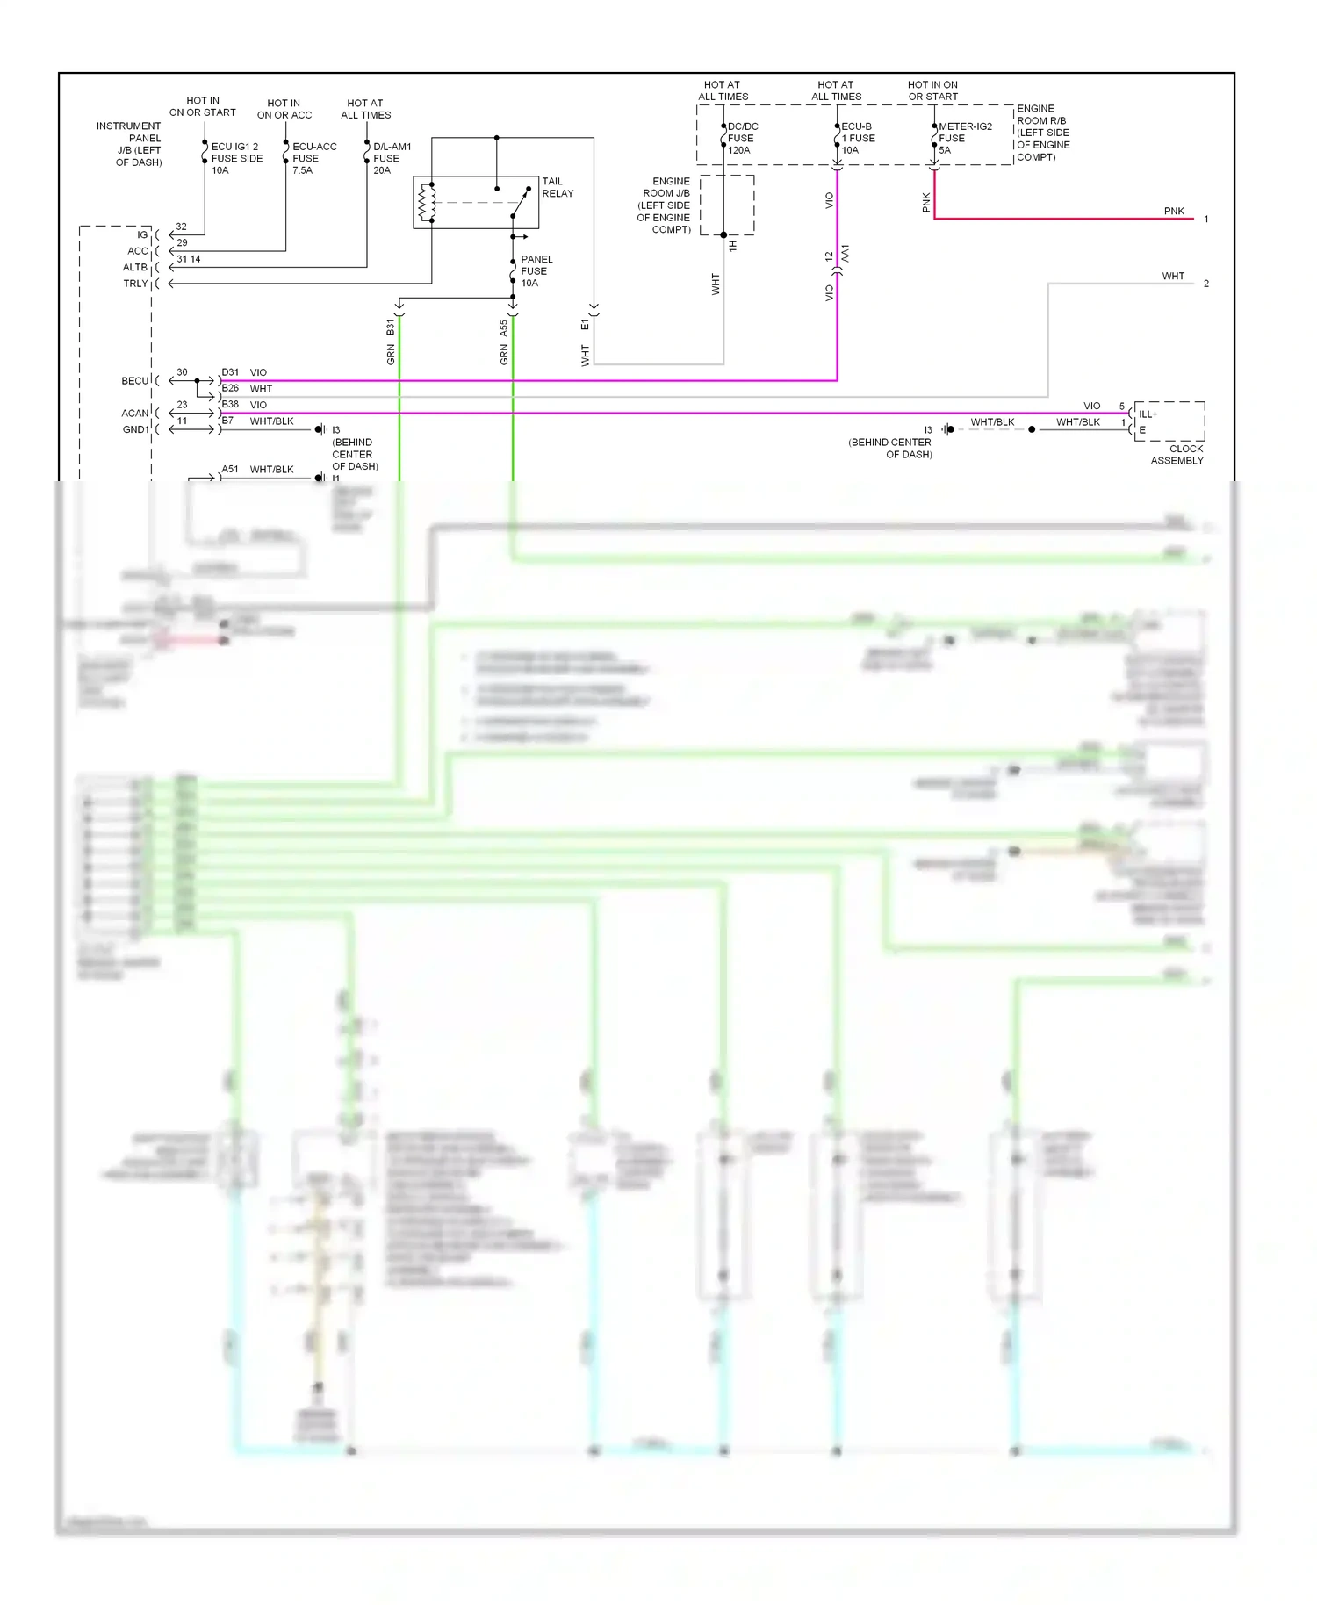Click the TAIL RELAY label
tap(557, 187)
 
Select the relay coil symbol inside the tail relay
tap(427, 202)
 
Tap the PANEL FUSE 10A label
tap(536, 271)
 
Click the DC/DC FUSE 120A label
tap(742, 138)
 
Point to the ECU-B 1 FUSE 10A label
tap(858, 138)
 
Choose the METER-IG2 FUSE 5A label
tap(964, 138)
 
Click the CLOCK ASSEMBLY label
tap(1177, 454)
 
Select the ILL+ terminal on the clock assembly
tap(1148, 414)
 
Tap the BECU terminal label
tap(135, 380)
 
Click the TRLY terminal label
tap(135, 284)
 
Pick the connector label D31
tap(230, 372)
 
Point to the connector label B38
tap(230, 405)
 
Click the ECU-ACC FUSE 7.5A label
tap(313, 158)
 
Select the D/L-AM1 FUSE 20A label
tap(392, 158)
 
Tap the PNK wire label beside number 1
tap(1174, 211)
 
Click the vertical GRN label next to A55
tap(504, 354)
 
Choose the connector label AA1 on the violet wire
tap(846, 254)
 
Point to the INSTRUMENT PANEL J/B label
tap(130, 144)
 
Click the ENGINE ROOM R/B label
tap(1042, 133)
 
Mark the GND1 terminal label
tap(135, 429)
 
